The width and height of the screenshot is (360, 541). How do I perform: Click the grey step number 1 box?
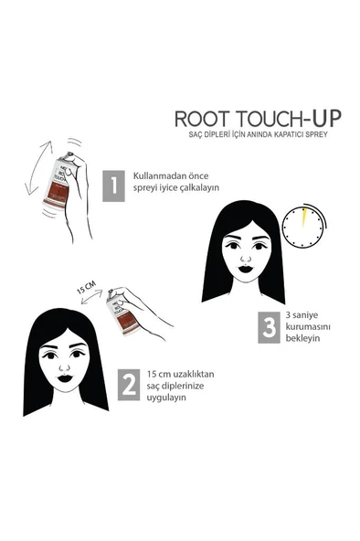111,186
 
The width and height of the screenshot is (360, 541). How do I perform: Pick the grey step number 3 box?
268,328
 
